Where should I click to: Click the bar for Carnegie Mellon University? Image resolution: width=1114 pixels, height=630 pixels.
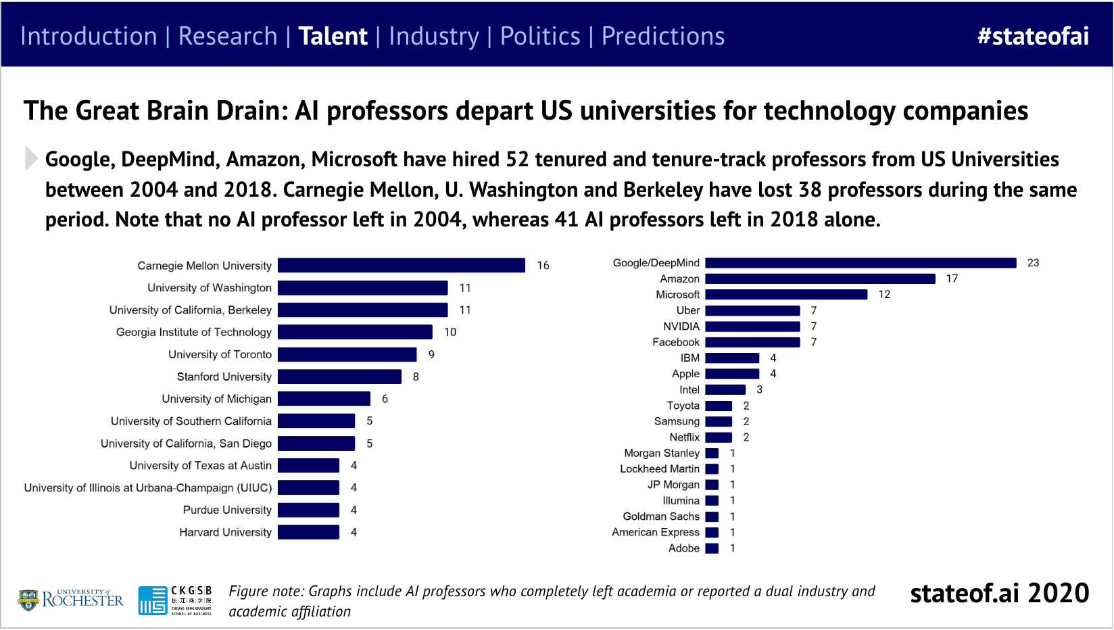(x=401, y=266)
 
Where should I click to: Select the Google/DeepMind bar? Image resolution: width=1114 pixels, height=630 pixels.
(x=860, y=263)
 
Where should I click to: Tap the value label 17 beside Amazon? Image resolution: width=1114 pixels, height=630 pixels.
(x=952, y=278)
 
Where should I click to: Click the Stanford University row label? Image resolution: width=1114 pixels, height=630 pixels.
(x=224, y=377)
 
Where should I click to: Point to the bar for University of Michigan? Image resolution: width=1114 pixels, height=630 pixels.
(x=324, y=399)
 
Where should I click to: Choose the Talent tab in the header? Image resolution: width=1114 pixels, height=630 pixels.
(x=333, y=37)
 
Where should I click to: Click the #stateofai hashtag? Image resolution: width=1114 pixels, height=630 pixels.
(x=1032, y=37)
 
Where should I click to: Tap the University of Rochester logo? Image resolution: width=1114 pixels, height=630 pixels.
(x=71, y=599)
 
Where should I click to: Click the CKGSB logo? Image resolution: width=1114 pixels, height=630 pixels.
(x=175, y=600)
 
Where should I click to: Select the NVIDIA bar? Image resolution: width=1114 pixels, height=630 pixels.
(x=752, y=326)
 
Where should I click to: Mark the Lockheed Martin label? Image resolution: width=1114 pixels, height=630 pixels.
(x=659, y=469)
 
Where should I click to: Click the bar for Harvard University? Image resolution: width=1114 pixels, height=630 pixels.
(x=308, y=532)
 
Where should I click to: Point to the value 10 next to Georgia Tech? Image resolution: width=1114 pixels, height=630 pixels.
(x=450, y=332)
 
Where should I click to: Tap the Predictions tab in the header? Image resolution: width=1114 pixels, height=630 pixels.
(x=662, y=37)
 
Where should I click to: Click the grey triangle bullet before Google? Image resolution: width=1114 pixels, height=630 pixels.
(x=30, y=158)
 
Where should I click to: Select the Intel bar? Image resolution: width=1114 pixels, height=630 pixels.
(x=725, y=390)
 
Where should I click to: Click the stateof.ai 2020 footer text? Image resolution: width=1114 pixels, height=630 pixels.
(x=999, y=593)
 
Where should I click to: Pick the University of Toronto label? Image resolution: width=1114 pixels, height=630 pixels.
(x=220, y=354)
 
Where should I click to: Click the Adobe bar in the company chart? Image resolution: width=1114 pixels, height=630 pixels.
(x=712, y=548)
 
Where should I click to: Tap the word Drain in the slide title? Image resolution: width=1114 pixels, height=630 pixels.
(x=251, y=111)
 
